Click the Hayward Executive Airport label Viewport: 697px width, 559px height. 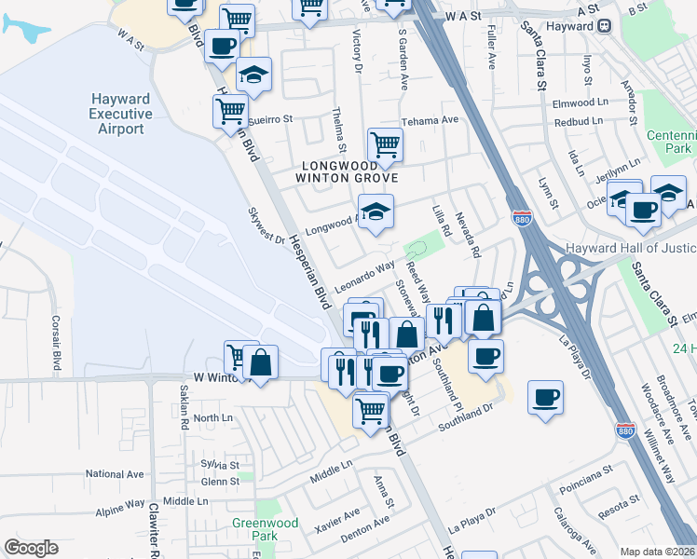click(121, 114)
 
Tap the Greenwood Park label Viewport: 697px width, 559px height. click(266, 529)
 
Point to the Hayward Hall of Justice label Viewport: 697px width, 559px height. click(631, 248)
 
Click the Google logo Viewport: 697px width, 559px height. click(31, 548)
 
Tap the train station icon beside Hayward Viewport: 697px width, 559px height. click(605, 26)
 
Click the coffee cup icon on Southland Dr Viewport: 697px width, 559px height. click(545, 397)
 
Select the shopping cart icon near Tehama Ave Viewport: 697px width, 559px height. click(385, 144)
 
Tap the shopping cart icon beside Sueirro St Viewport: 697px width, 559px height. click(230, 111)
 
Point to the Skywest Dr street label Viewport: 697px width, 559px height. click(266, 226)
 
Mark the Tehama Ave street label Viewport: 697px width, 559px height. click(430, 120)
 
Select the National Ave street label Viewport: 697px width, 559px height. click(116, 474)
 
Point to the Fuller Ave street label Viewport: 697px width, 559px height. click(491, 48)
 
